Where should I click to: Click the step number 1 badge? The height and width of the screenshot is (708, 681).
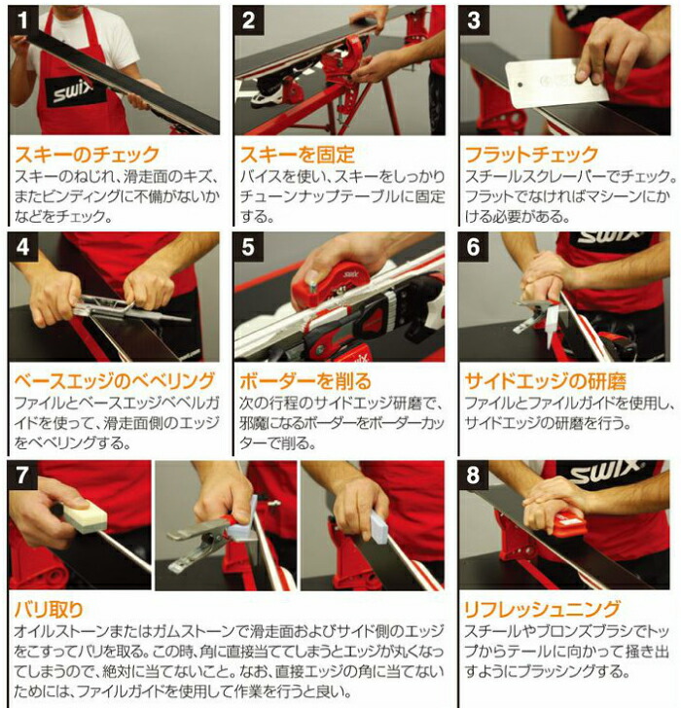tap(23, 21)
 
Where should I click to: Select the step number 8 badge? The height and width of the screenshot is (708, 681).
tap(474, 477)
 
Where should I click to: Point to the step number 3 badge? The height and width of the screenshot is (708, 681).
tap(474, 21)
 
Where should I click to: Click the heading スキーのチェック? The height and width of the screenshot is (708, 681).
tap(87, 154)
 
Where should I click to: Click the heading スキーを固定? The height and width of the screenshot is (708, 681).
tap(297, 154)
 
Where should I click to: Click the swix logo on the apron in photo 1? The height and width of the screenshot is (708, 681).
tap(73, 90)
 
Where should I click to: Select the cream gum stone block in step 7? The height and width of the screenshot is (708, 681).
tap(85, 515)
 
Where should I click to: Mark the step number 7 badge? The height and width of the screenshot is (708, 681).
tap(23, 477)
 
